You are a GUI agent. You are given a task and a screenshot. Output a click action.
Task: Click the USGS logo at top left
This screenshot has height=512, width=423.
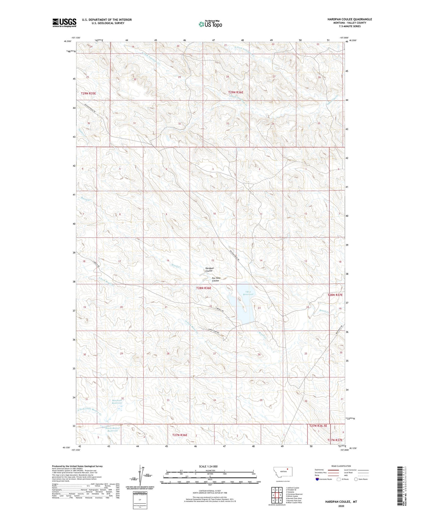point(64,23)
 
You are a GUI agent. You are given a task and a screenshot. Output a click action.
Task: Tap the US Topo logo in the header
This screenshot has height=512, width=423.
point(210,24)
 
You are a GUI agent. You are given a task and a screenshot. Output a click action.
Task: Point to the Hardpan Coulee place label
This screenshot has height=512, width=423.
point(209,269)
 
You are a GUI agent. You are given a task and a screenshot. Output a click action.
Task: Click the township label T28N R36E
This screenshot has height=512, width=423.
point(204,288)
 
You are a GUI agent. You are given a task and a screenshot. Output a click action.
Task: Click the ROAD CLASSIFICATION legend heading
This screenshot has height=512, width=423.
point(341,466)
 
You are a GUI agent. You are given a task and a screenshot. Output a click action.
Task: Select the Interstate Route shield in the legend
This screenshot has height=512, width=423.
point(317,479)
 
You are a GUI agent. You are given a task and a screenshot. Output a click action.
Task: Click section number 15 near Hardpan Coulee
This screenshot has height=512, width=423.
point(213,260)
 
